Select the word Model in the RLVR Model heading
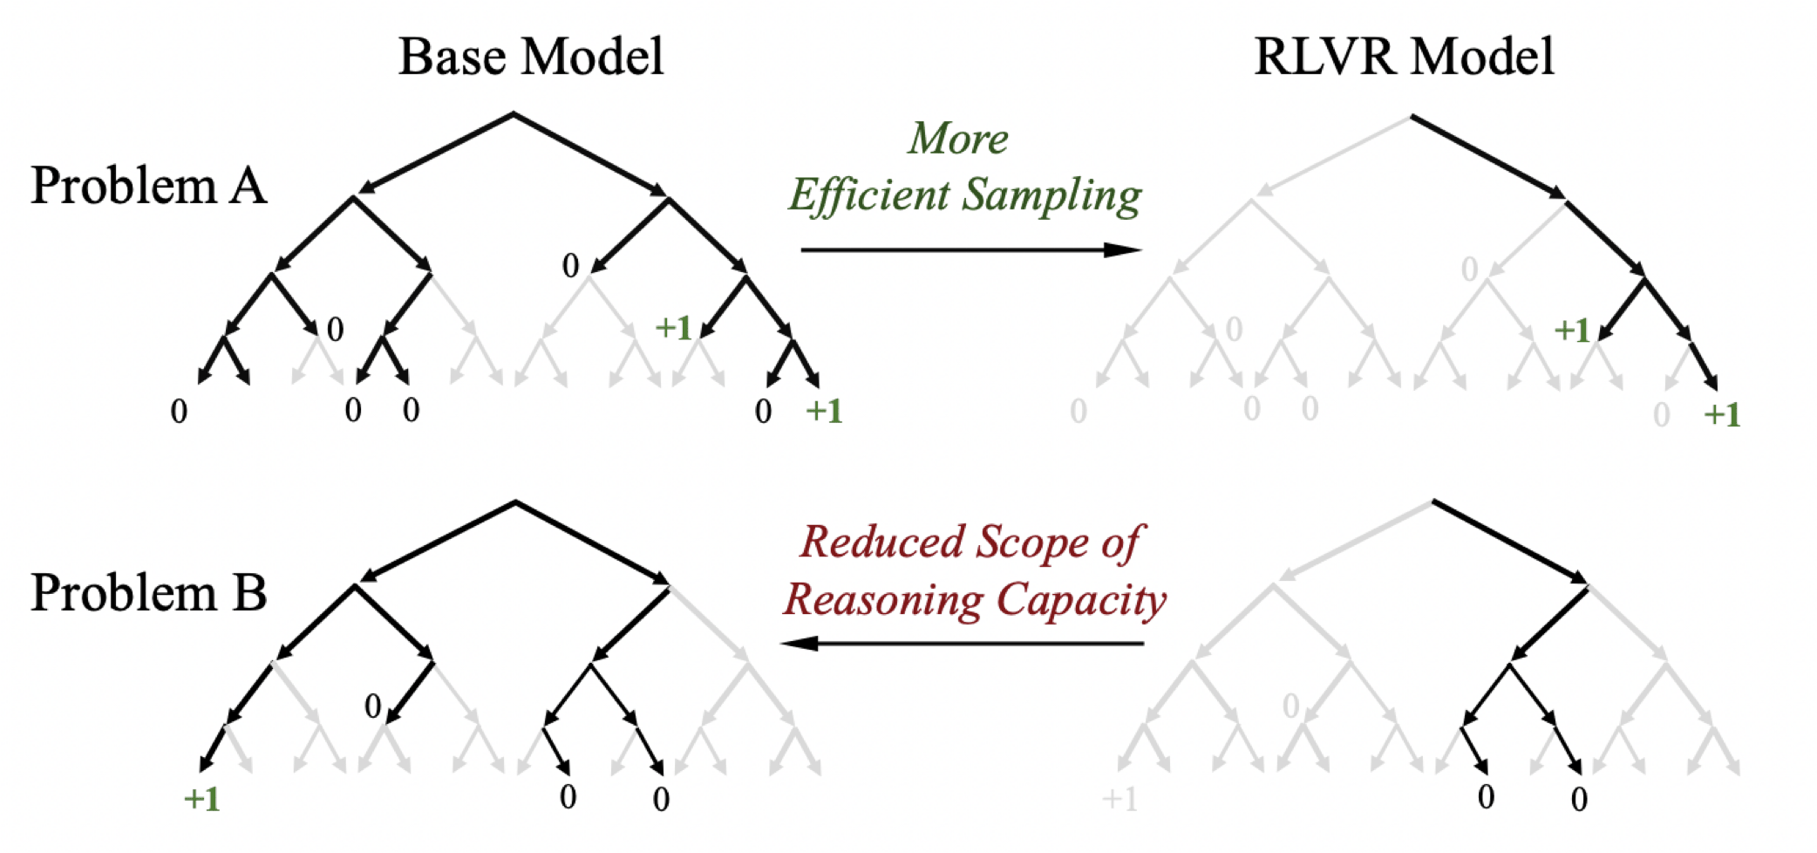point(1482,58)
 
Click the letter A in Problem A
point(248,186)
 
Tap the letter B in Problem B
point(249,593)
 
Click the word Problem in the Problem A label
point(123,186)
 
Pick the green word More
point(958,139)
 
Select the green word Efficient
point(868,194)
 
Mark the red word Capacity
point(1081,600)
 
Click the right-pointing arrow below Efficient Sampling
point(970,250)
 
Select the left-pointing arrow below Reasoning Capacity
point(963,644)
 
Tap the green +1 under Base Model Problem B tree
point(202,798)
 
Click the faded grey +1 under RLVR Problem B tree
point(1120,798)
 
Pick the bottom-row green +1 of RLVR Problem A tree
point(1722,414)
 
